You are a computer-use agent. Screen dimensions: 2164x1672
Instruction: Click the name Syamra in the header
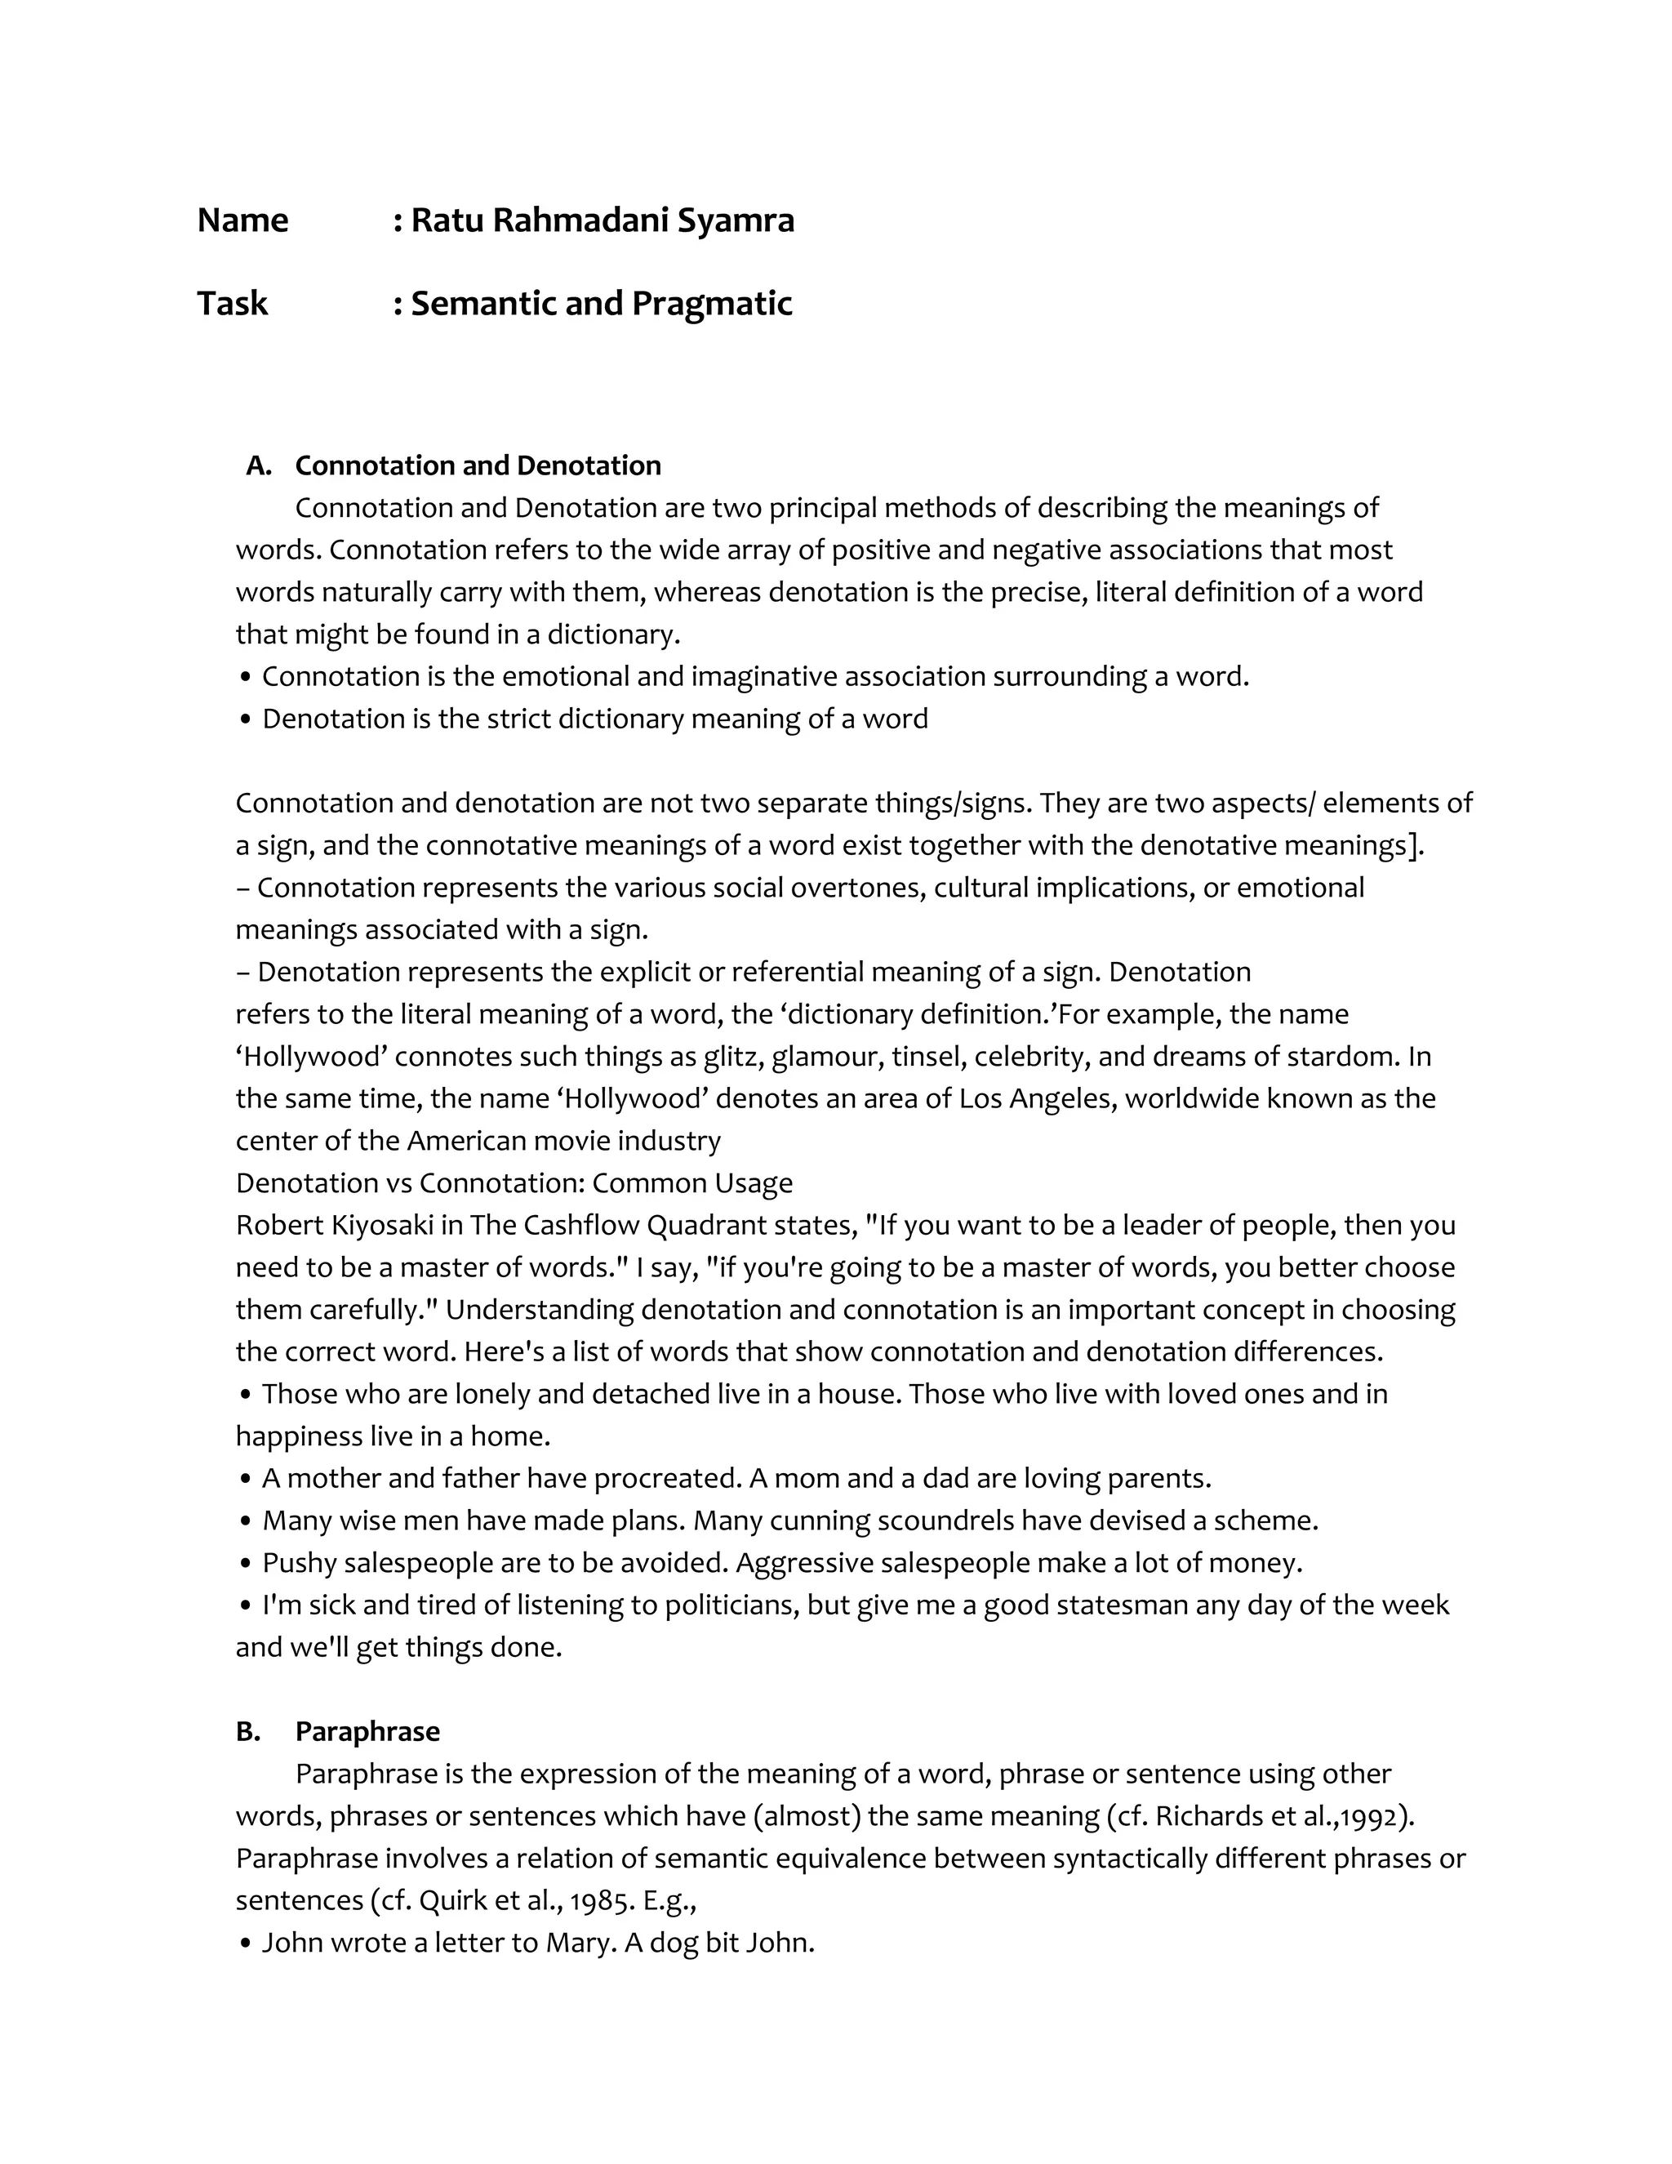735,220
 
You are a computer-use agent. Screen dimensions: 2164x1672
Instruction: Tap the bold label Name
242,220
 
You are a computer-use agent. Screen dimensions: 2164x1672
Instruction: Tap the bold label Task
232,303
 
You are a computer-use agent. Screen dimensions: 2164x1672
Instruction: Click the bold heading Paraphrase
367,1731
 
